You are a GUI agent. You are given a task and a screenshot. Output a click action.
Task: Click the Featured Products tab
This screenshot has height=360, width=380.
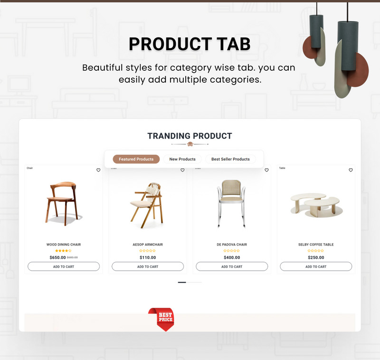[x=136, y=159]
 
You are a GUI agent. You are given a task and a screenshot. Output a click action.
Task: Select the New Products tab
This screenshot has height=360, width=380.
[x=182, y=159]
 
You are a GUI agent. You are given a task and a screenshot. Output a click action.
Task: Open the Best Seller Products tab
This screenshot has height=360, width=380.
[x=230, y=159]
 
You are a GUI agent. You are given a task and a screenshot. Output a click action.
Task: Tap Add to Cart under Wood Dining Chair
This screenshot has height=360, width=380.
[x=64, y=266]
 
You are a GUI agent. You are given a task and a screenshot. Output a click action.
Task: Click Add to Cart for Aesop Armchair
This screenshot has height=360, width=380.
[x=148, y=266]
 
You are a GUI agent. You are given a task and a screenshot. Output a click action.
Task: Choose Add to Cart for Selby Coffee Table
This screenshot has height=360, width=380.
[x=316, y=266]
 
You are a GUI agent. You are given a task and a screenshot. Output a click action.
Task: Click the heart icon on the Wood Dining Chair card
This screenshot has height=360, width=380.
[x=98, y=170]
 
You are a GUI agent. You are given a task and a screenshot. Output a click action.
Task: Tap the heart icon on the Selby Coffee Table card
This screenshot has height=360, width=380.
[x=351, y=170]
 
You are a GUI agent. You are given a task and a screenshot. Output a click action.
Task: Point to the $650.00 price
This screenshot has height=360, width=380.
[x=57, y=257]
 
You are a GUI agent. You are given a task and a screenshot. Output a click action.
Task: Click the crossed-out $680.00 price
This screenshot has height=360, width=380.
[x=72, y=257]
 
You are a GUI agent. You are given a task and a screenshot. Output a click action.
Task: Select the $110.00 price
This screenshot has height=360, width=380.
[x=148, y=257]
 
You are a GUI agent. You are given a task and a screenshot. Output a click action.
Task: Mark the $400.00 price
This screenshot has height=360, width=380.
[x=232, y=257]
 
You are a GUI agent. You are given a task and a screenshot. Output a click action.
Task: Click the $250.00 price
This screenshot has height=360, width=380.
[x=316, y=257]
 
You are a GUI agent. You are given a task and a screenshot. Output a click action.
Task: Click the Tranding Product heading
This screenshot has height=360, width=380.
[x=190, y=136]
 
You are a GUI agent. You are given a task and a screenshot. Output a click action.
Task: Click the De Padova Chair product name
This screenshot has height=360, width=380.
[x=232, y=245]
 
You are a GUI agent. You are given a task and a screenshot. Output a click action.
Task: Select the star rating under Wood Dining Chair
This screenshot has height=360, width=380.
[x=64, y=251]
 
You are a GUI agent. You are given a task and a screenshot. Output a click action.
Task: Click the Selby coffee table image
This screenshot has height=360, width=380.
[x=315, y=204]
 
